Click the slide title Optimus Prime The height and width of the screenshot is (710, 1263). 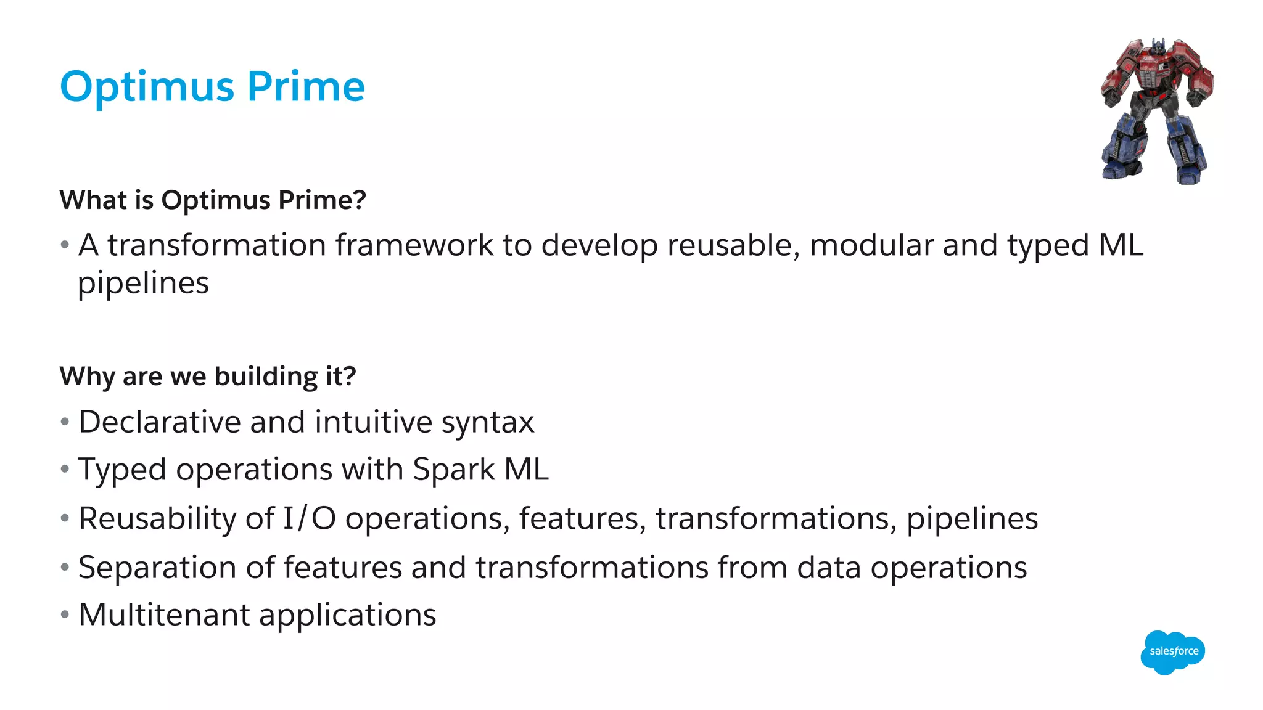tap(212, 87)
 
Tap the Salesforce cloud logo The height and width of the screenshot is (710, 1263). tap(1172, 651)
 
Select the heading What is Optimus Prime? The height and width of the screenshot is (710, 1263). tap(213, 200)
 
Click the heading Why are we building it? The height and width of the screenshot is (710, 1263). tap(208, 376)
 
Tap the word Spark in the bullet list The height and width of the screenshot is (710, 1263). tap(453, 470)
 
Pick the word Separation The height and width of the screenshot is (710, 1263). tap(157, 568)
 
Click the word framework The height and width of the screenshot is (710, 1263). tap(414, 245)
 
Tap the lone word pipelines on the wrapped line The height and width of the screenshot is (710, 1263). tap(143, 284)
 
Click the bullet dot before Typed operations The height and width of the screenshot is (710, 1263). tap(65, 470)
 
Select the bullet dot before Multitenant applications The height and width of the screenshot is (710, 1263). tap(65, 614)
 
